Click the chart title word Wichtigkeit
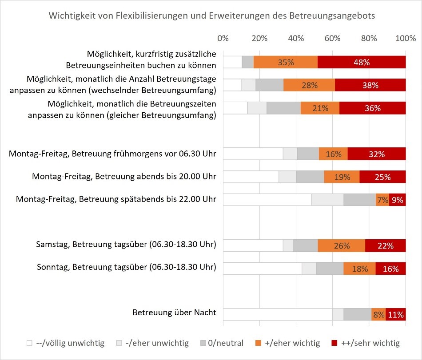tap(69, 16)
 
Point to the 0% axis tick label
tap(223, 38)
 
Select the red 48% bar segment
tap(362, 62)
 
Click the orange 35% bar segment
tap(286, 62)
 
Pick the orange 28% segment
tap(309, 85)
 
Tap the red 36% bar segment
tap(372, 108)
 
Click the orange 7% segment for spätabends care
tap(382, 200)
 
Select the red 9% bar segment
tap(398, 200)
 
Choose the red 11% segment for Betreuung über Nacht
tap(396, 315)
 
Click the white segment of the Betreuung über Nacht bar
tap(277, 315)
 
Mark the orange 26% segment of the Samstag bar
tap(342, 246)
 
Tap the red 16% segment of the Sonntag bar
tap(390, 269)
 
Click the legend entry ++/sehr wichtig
tap(366, 343)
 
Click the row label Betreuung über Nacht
tap(174, 313)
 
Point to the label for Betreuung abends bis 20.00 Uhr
tap(124, 177)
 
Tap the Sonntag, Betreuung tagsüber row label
tap(126, 267)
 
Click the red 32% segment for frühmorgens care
tap(377, 154)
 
